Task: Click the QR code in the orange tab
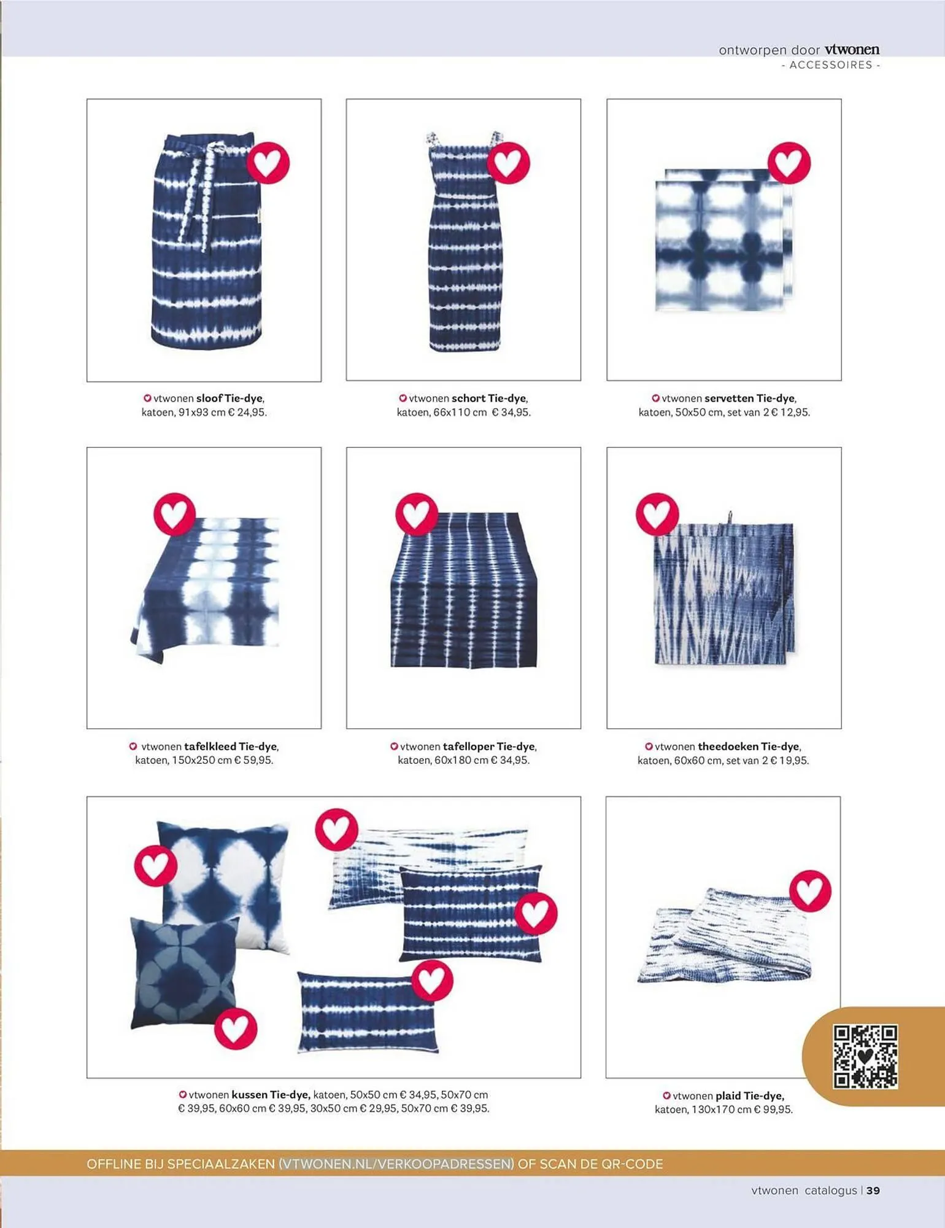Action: tap(865, 1056)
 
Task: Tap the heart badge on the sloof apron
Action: tap(268, 163)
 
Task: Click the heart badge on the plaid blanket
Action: tap(810, 890)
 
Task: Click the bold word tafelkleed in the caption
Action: tap(210, 747)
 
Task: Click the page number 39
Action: tap(873, 1191)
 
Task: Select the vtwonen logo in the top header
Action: tap(852, 50)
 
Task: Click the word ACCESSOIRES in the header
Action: tap(831, 65)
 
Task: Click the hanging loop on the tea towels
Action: tap(730, 519)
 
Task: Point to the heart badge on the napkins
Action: tap(789, 163)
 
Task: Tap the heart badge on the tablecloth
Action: tap(174, 513)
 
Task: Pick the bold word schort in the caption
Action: tap(469, 398)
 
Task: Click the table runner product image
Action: tap(464, 589)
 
